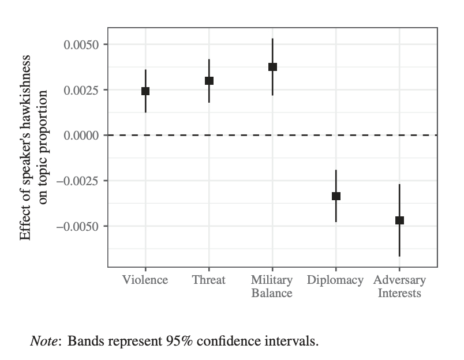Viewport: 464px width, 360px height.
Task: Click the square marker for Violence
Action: pos(145,91)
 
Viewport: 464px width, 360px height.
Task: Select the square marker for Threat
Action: pos(209,81)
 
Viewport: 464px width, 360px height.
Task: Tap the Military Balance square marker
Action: pos(272,67)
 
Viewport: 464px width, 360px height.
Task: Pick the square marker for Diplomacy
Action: pos(336,196)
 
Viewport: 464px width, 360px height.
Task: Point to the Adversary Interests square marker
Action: pos(399,220)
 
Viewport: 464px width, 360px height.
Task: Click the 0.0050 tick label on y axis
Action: pos(81,45)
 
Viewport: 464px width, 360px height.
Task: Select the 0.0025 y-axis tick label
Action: pos(81,90)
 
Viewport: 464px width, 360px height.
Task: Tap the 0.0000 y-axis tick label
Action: pos(81,136)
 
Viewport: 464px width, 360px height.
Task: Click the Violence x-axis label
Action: pos(145,280)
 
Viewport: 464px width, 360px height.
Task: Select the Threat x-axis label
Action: pos(209,280)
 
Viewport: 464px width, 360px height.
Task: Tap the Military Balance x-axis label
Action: pos(272,287)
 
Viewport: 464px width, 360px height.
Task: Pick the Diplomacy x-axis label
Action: pos(335,280)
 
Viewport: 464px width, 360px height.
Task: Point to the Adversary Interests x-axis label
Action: pos(399,287)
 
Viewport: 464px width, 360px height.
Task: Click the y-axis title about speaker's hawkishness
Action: pos(33,147)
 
